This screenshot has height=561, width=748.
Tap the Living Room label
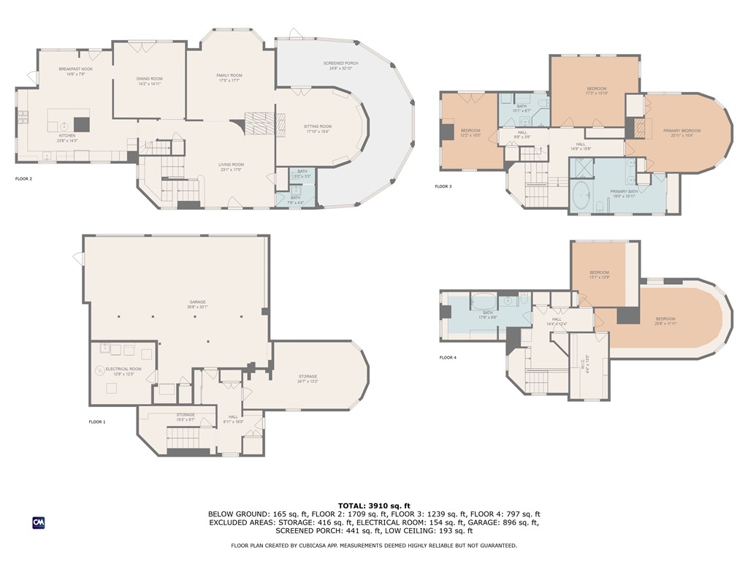coord(231,167)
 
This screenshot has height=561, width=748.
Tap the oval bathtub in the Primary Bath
coord(582,196)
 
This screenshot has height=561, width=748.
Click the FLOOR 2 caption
coord(24,178)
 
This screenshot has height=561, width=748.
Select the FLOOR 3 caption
coord(443,186)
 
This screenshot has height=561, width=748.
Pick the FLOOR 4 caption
coord(447,357)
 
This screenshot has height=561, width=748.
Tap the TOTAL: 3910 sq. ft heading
coord(374,505)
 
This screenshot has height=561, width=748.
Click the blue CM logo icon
coord(38,522)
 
